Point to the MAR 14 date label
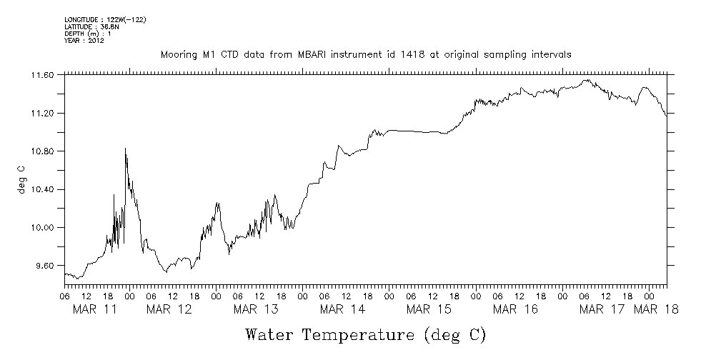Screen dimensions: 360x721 342,309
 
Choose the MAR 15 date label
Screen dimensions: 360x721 429,309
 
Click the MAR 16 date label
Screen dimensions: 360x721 515,309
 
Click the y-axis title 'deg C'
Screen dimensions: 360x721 21,179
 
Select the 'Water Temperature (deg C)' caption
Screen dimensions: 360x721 365,334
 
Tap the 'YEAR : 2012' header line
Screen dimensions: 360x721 84,41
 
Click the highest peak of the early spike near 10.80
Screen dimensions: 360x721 126,149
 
